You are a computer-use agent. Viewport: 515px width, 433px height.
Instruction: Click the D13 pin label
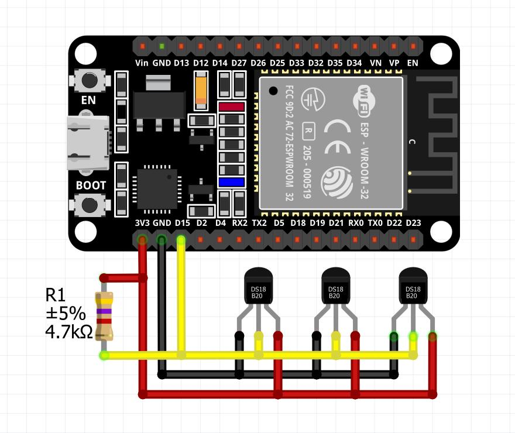(x=181, y=63)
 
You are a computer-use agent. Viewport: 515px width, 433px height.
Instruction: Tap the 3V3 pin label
(x=142, y=223)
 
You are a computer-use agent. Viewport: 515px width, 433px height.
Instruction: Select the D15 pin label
(x=182, y=223)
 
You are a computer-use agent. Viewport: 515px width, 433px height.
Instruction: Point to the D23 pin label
(x=413, y=223)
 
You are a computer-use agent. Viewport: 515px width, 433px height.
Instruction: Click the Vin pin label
(x=142, y=63)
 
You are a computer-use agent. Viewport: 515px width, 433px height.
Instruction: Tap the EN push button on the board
(x=90, y=80)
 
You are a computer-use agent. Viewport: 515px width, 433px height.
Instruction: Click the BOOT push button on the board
(x=90, y=205)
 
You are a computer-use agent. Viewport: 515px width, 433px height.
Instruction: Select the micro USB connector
(x=88, y=143)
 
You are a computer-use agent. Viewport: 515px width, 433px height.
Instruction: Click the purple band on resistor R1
(x=104, y=311)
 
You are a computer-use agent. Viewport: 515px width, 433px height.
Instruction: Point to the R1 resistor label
(x=56, y=295)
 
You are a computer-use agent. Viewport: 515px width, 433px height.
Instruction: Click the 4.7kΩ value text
(x=69, y=332)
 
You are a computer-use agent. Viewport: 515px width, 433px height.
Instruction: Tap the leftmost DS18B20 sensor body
(x=259, y=286)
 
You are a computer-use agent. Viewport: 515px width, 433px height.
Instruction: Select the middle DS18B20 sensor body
(x=336, y=286)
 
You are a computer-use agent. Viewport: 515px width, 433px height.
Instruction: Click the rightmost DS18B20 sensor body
(x=413, y=286)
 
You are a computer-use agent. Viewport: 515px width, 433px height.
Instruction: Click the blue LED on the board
(x=232, y=182)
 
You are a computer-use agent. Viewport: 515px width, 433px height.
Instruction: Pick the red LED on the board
(x=232, y=106)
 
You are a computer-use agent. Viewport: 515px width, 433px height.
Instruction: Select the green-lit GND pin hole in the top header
(x=162, y=46)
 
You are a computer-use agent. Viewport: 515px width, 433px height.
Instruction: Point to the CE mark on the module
(x=337, y=137)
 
